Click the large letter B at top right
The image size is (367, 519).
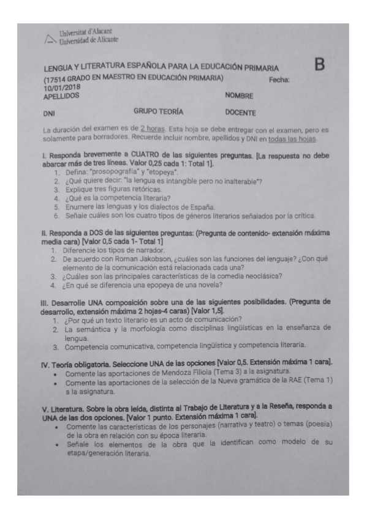(319, 64)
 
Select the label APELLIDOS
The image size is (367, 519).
(61, 96)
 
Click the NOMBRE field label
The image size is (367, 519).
(239, 96)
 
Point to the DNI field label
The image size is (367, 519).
(49, 114)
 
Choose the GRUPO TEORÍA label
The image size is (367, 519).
(158, 112)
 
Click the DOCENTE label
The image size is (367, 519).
(241, 113)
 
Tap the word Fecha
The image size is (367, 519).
(279, 80)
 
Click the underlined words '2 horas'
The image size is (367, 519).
(151, 130)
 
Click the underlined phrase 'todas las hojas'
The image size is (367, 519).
(304, 138)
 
